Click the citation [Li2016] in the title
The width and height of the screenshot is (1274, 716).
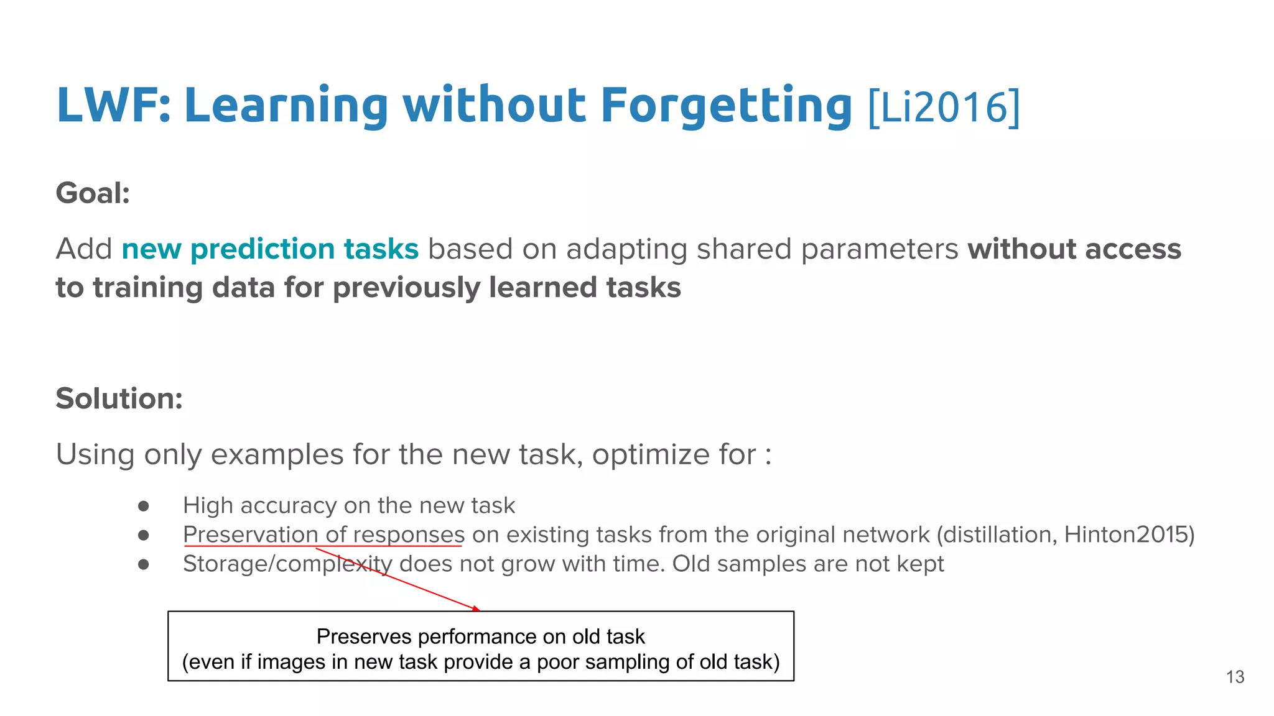pyautogui.click(x=944, y=107)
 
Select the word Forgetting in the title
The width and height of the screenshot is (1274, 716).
pyautogui.click(x=726, y=106)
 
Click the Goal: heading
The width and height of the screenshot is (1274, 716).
pyautogui.click(x=93, y=193)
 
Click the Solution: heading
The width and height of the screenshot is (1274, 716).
pyautogui.click(x=119, y=398)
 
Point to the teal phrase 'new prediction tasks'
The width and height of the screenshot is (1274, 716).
pyautogui.click(x=270, y=249)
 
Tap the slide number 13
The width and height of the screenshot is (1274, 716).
pyautogui.click(x=1235, y=677)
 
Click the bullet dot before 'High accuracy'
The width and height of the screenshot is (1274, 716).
pyautogui.click(x=144, y=506)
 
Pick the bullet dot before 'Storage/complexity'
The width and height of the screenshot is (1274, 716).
pyautogui.click(x=144, y=564)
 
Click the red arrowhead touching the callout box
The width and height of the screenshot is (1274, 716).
pyautogui.click(x=476, y=608)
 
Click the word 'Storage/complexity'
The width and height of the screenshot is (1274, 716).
pyautogui.click(x=287, y=564)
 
